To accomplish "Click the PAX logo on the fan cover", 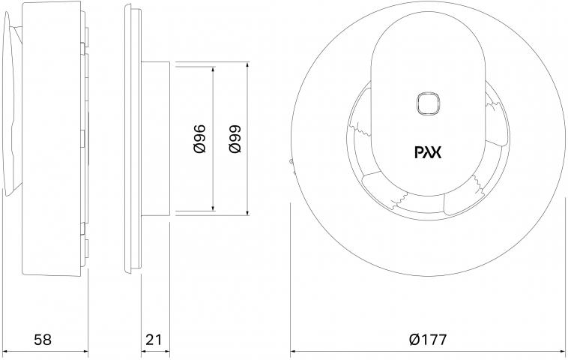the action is (428, 152).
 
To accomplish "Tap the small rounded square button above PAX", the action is (428, 103).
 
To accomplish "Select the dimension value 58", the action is (43, 339).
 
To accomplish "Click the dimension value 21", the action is (154, 339).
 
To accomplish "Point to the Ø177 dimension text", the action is (428, 339).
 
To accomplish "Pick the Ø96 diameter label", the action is (199, 139).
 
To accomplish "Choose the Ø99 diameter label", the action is (235, 139).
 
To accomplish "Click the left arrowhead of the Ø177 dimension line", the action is (294, 351).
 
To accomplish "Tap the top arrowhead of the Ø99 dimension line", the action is (247, 65).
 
